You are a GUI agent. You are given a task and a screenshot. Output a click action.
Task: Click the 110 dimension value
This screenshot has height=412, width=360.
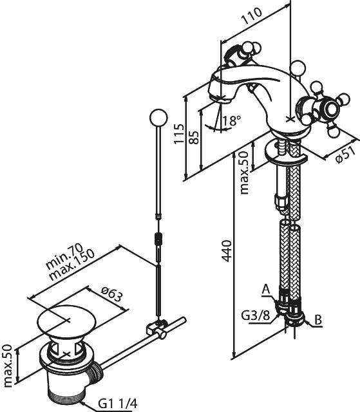252,16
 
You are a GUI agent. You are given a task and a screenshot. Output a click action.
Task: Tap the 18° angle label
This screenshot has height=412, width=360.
232,121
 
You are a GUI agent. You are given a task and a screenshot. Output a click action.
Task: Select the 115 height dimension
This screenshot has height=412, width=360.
179,134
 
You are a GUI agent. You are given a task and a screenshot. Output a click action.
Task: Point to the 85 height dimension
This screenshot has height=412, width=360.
194,137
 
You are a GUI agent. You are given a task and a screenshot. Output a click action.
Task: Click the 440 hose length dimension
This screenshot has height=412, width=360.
226,250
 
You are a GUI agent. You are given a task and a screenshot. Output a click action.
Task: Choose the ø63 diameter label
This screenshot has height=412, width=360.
112,294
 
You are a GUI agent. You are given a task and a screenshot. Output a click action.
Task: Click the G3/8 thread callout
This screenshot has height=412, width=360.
256,316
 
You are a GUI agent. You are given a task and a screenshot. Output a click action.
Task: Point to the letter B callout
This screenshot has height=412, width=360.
318,320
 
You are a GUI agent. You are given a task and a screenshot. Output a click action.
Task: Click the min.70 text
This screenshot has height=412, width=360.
64,257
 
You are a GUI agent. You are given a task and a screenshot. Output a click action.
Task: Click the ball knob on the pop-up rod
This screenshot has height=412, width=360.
158,117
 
